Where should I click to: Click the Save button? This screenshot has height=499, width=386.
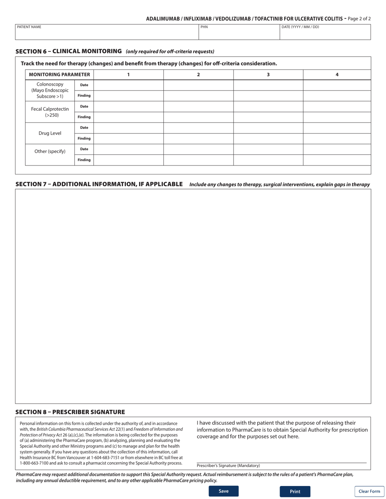point(223,491)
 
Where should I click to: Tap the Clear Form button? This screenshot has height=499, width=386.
point(369,491)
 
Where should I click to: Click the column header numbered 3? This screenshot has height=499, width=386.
point(268,75)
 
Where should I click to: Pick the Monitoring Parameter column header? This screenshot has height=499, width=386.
point(59,75)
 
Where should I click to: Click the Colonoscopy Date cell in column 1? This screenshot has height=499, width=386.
point(128,85)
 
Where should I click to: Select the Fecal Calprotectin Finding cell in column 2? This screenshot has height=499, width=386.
point(198,117)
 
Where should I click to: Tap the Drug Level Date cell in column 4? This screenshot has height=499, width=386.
point(338,128)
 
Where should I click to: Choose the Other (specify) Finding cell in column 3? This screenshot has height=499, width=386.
point(268,160)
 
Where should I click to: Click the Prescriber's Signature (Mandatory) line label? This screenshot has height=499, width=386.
point(228,466)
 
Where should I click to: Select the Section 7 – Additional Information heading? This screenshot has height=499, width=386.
point(99,184)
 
